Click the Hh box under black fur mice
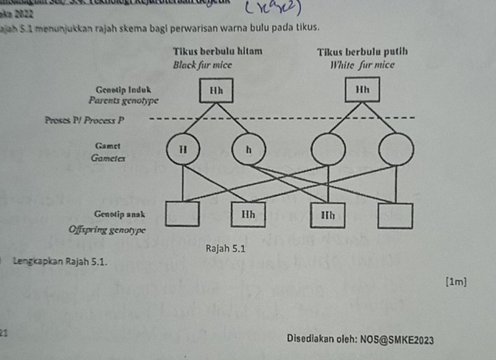pos(216,93)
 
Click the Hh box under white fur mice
pos(362,93)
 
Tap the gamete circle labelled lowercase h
pos(249,151)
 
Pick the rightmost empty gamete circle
pos(396,151)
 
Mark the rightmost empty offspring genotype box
pos(396,214)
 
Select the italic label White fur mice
pos(362,64)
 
